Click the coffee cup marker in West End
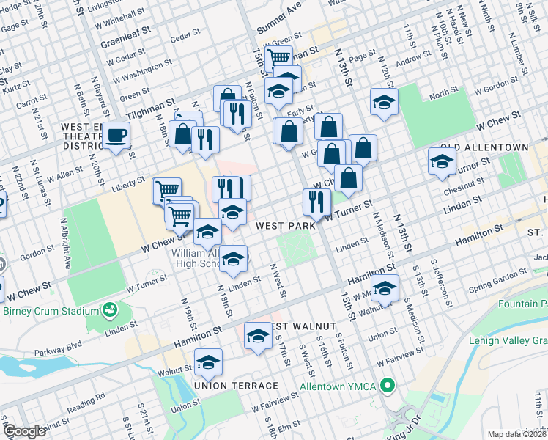point(116,135)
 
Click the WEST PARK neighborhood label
point(285,226)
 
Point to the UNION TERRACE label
point(236,386)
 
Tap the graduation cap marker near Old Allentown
point(442,161)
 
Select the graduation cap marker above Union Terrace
point(208,362)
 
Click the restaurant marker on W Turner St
point(316,201)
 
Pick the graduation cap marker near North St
point(383,102)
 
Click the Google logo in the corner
point(24,431)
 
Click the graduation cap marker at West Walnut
point(258,335)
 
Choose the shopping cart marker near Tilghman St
point(278,57)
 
